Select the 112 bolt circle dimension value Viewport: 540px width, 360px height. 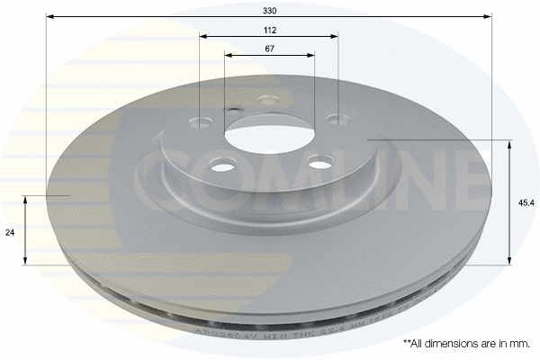(270, 30)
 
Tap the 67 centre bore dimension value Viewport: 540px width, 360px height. (270, 49)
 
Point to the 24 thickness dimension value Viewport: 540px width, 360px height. (10, 232)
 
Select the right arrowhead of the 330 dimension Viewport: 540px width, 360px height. (489, 16)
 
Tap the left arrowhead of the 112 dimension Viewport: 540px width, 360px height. (203, 37)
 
